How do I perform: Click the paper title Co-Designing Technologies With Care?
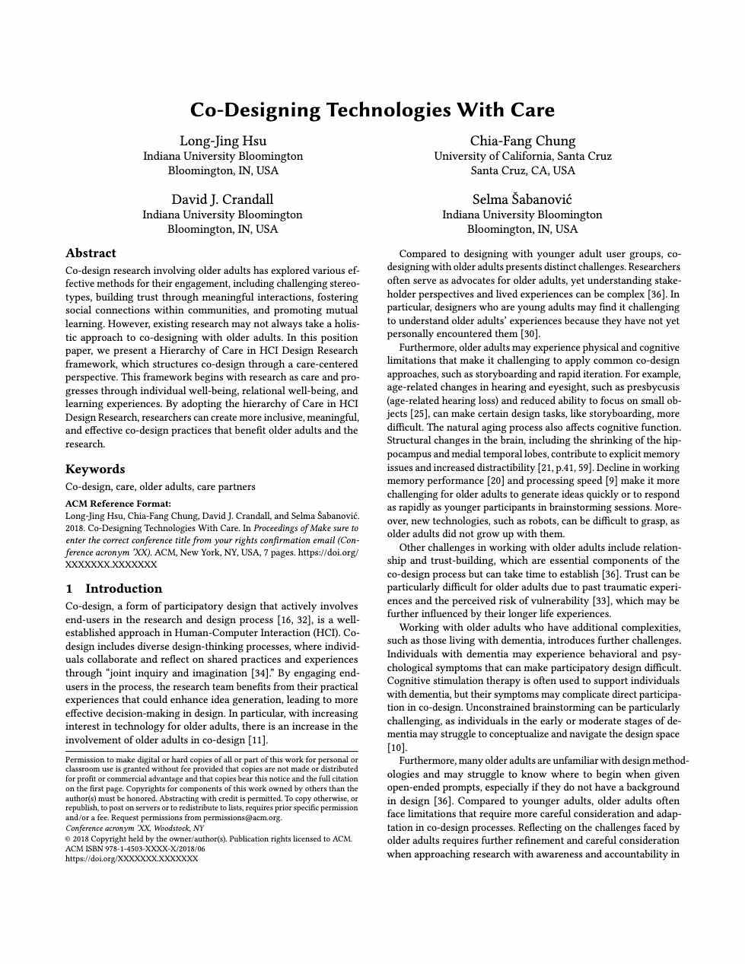[372, 110]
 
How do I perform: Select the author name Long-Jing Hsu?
[223, 141]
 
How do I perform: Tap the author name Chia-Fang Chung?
[523, 141]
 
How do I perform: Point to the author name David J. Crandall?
[222, 199]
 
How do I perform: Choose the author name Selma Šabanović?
[522, 199]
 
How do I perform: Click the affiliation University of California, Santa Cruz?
[523, 156]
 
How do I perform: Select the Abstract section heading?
[91, 253]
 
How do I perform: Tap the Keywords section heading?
[95, 469]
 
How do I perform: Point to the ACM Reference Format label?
[118, 504]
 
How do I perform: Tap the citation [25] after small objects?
[419, 414]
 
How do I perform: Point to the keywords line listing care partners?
[161, 487]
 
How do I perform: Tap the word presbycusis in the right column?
[654, 387]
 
